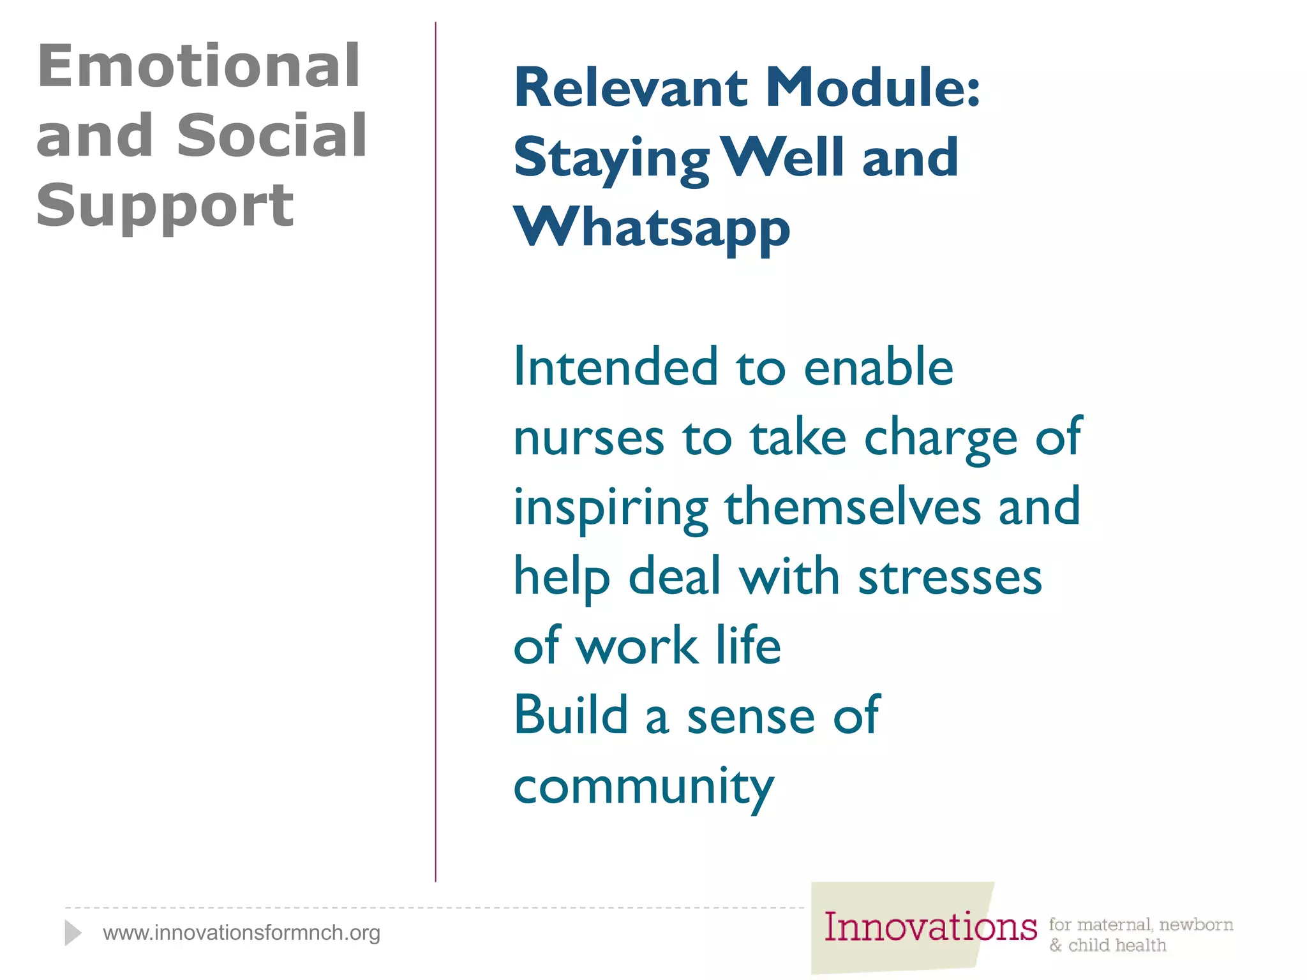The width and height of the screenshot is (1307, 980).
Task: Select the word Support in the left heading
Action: [x=165, y=205]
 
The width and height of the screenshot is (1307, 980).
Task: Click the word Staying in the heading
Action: [x=611, y=160]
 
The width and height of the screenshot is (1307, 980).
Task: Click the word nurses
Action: [x=588, y=438]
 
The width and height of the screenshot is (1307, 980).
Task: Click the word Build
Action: [x=571, y=715]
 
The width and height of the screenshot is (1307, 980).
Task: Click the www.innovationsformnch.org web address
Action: [x=241, y=933]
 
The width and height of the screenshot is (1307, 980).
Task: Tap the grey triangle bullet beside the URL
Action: [x=72, y=933]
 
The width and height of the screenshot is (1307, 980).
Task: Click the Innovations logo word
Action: [x=930, y=927]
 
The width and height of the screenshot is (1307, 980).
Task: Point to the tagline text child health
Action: [x=1116, y=946]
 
